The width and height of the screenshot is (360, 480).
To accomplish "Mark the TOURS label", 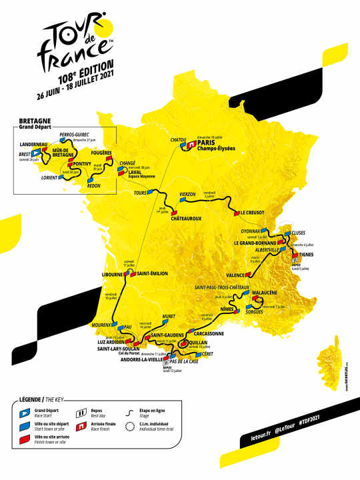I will click(139, 193).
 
